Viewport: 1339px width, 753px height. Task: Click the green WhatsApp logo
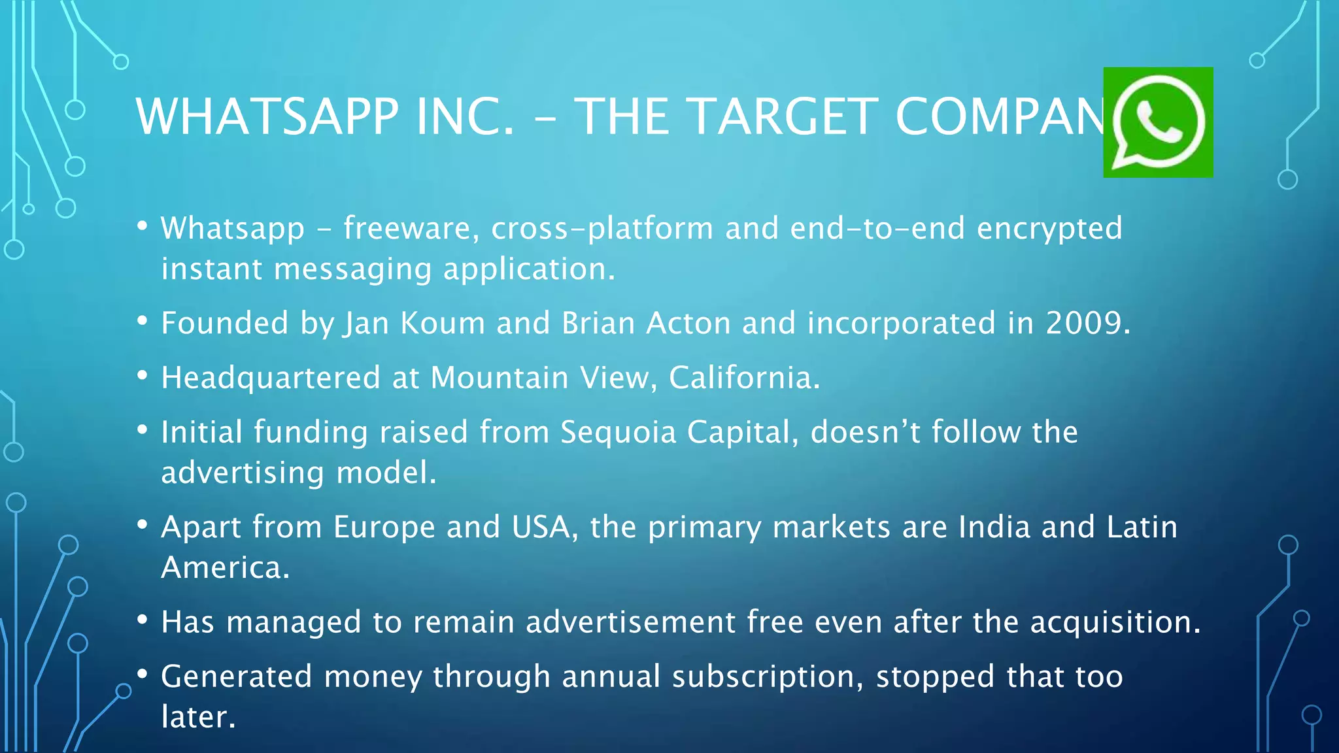point(1158,122)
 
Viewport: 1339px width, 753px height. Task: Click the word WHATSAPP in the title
point(267,116)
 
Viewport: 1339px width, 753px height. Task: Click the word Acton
point(688,323)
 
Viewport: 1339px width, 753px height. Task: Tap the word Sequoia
point(618,433)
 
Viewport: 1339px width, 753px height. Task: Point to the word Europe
point(384,527)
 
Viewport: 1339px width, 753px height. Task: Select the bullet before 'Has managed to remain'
point(143,620)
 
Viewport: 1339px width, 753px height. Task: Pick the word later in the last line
point(198,717)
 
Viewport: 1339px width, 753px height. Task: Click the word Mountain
point(500,378)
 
